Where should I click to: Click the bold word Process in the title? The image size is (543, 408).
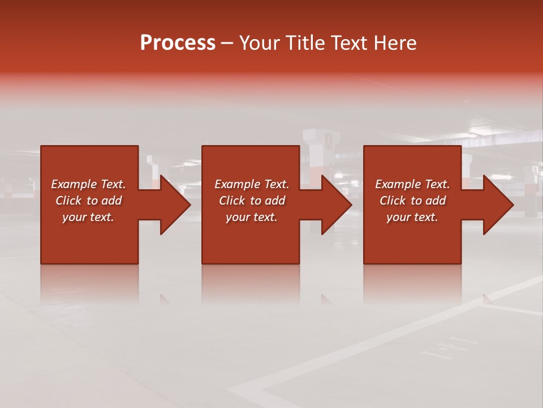tap(178, 43)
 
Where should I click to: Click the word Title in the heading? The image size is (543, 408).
tap(304, 43)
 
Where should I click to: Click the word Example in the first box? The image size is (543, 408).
tap(74, 184)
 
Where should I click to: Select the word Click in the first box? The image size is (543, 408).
tap(68, 201)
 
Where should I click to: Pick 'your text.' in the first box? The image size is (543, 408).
tap(88, 217)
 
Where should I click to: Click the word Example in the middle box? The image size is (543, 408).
tap(237, 184)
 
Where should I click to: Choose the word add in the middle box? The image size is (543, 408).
tap(274, 201)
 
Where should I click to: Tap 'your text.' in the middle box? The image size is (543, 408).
tap(252, 217)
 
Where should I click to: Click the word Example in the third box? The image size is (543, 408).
tap(398, 184)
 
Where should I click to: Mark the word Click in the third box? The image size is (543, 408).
tap(393, 201)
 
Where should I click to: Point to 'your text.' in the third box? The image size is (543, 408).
tap(412, 217)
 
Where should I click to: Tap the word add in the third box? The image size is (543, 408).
tap(435, 201)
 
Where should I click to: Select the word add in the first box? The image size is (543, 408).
tap(111, 201)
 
